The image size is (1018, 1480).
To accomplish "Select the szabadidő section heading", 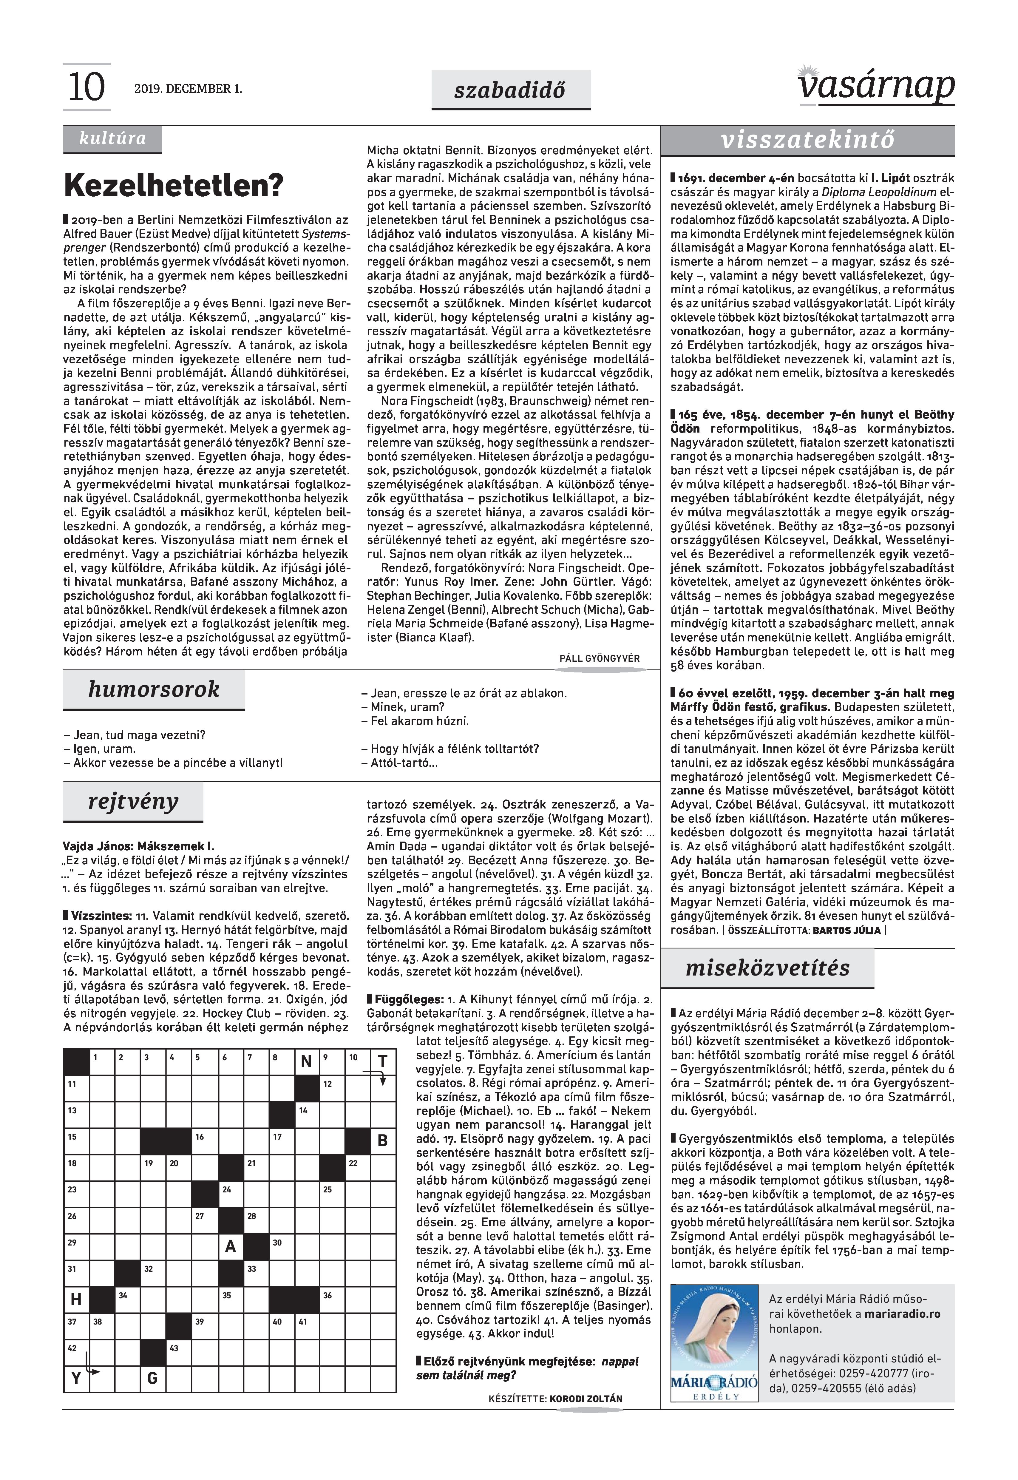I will coord(510,90).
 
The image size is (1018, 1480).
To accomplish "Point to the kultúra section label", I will coord(112,138).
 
